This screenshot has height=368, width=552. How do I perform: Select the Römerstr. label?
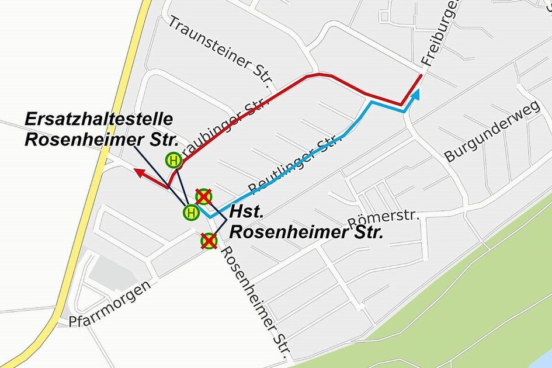click(383, 220)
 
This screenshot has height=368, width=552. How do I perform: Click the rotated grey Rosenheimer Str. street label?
click(257, 298)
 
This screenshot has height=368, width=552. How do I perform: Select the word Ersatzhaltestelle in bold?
click(99, 119)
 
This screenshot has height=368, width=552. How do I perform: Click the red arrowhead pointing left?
click(139, 172)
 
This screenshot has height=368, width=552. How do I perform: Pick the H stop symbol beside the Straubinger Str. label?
click(173, 159)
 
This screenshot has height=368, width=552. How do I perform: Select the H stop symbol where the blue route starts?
click(190, 213)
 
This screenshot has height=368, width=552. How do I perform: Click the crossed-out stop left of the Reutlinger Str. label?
click(203, 196)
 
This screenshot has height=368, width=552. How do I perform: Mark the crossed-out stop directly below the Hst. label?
click(209, 240)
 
